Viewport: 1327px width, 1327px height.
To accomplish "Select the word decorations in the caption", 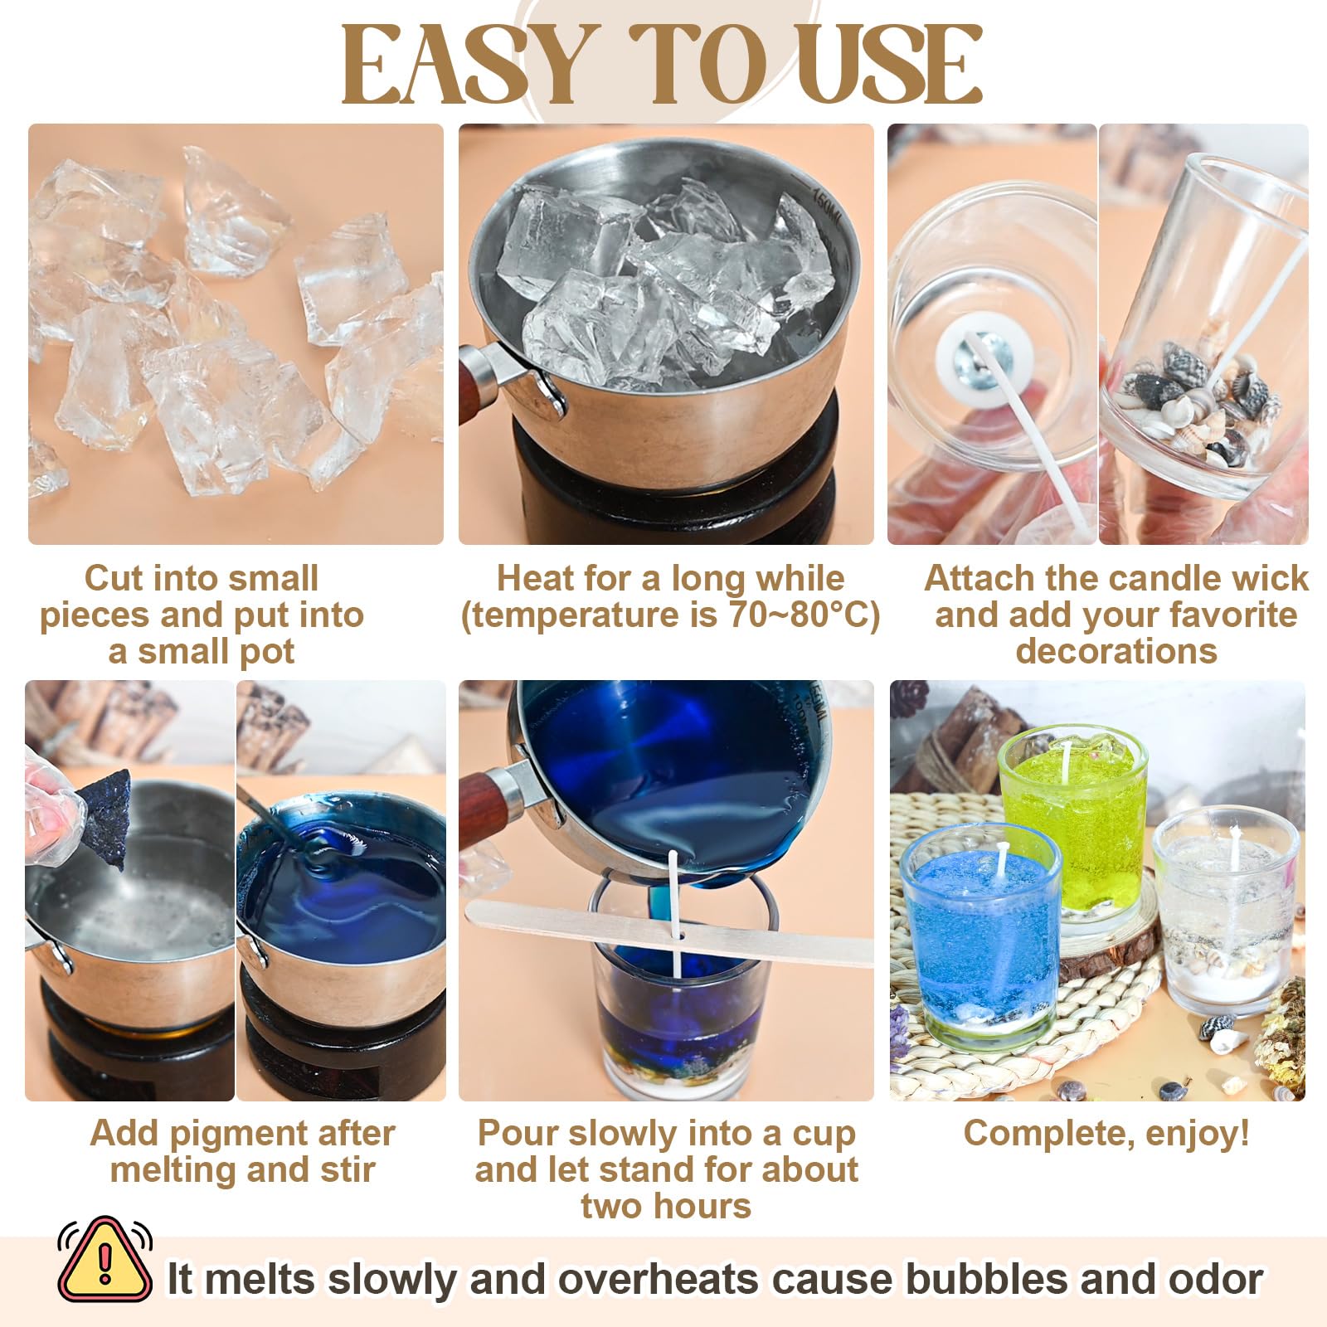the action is [1116, 651].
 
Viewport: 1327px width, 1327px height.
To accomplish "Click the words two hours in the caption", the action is [666, 1206].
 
